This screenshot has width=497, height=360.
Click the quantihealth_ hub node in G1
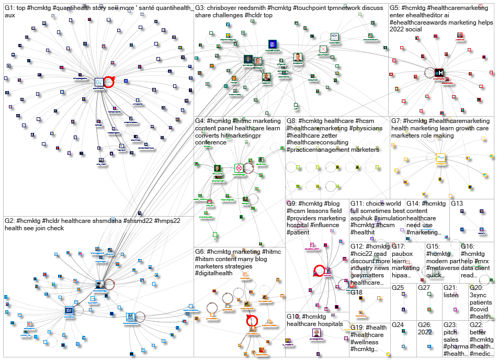point(98,83)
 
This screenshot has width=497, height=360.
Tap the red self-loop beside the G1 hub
point(109,82)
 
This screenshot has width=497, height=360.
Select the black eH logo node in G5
point(440,73)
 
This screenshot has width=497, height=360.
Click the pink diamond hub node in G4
point(239,168)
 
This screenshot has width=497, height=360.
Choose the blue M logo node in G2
point(130,317)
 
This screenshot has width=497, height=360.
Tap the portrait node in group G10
point(317,333)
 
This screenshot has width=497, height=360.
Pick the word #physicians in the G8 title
point(362,128)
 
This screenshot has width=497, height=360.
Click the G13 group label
point(457,203)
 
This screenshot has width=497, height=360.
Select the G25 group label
point(398,287)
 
